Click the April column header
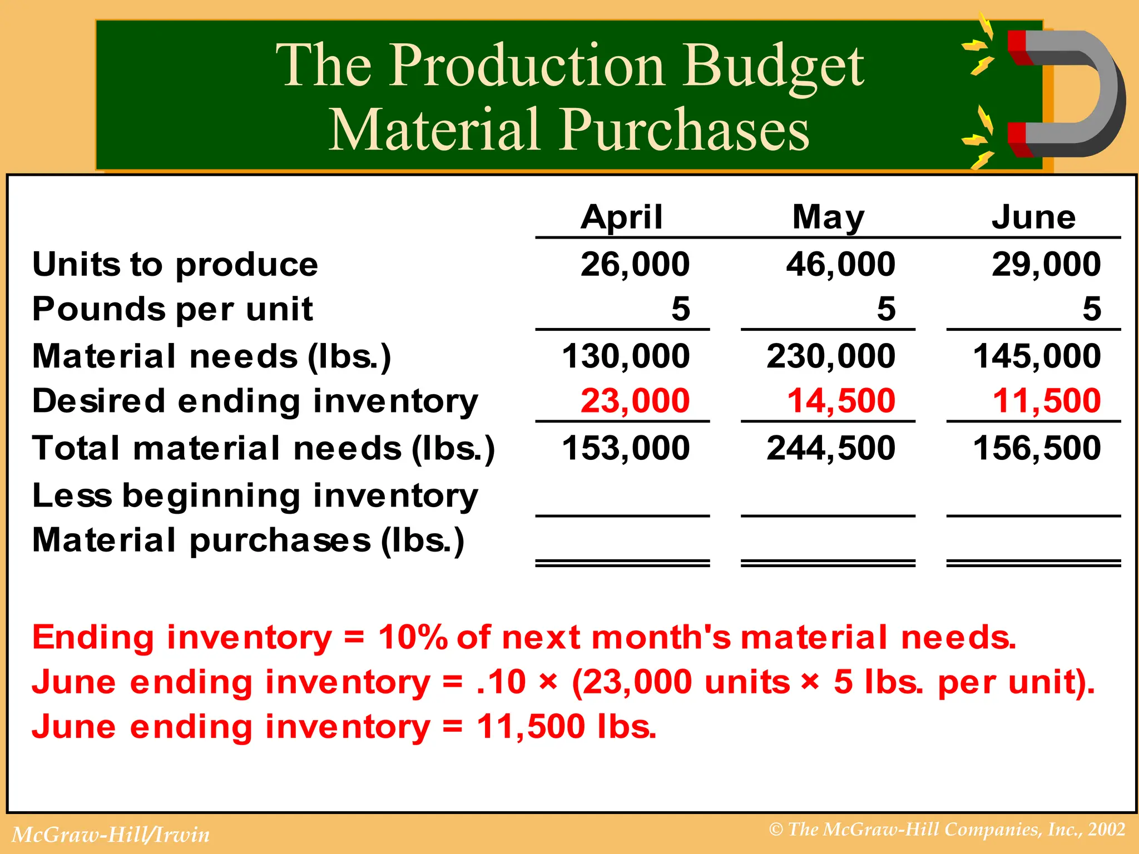point(622,217)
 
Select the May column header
point(828,217)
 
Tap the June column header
point(1034,217)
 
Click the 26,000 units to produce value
point(635,264)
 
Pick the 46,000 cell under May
point(840,264)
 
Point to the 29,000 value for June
point(1046,264)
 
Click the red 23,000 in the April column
point(635,401)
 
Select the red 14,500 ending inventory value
point(841,401)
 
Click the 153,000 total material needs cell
point(626,448)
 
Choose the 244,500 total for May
point(831,448)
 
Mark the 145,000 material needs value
point(1037,356)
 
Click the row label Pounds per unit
point(172,309)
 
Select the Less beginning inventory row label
point(255,495)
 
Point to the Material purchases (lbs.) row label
point(248,540)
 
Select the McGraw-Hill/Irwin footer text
point(111,835)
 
